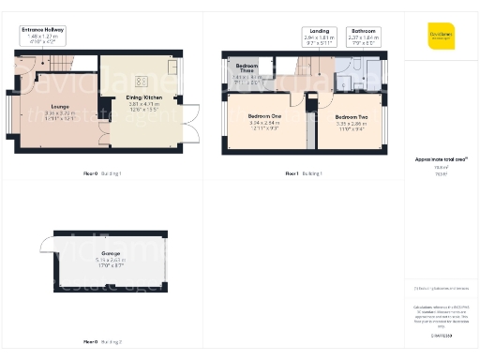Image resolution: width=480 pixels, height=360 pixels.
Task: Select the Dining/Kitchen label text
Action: pos(145,97)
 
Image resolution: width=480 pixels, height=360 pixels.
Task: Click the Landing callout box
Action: pos(320,37)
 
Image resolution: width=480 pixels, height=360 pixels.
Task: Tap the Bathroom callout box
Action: pos(364,37)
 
